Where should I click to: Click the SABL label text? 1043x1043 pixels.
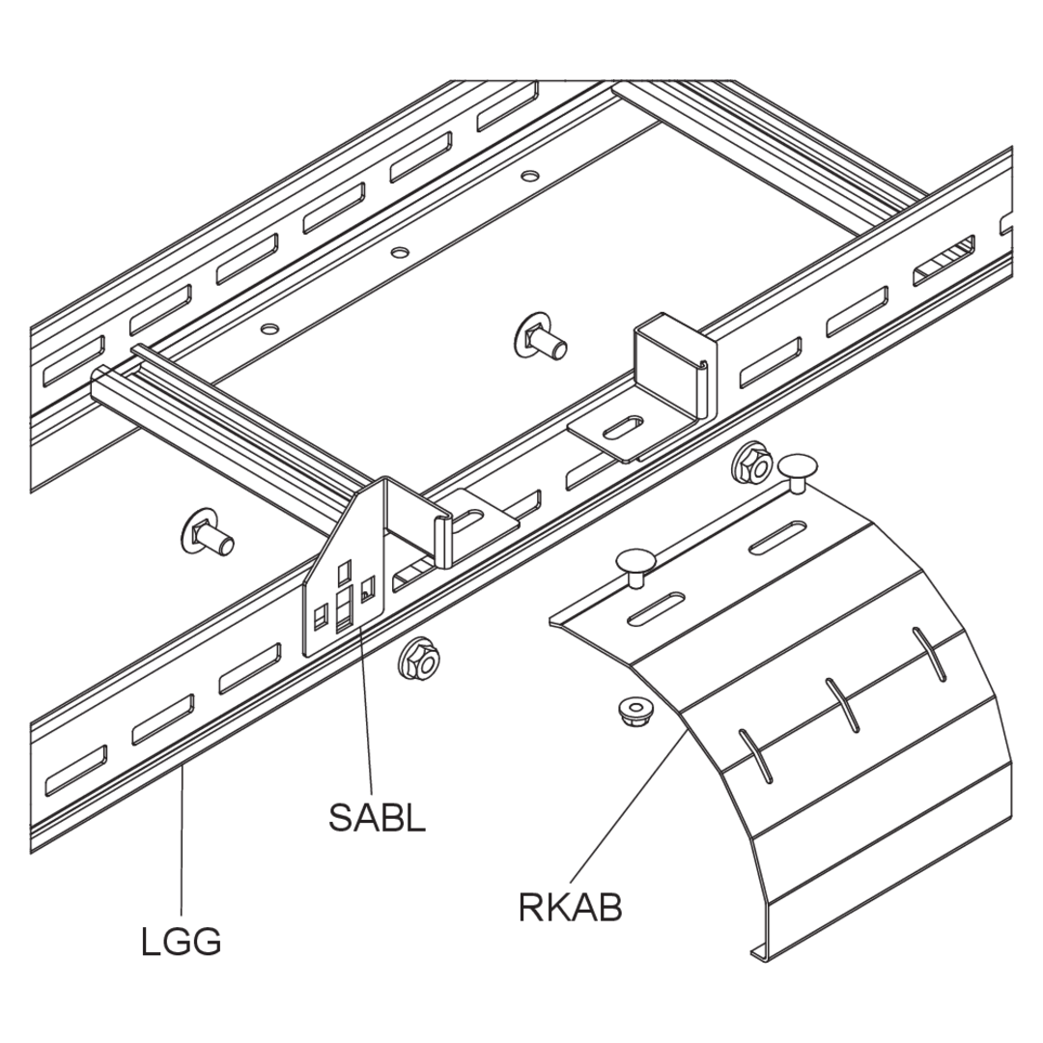377,818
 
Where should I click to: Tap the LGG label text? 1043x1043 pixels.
181,941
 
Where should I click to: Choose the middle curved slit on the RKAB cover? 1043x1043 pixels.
841,704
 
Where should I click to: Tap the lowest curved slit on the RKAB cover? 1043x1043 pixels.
755,755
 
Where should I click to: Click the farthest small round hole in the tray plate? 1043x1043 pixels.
529,177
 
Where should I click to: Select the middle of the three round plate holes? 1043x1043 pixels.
399,253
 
